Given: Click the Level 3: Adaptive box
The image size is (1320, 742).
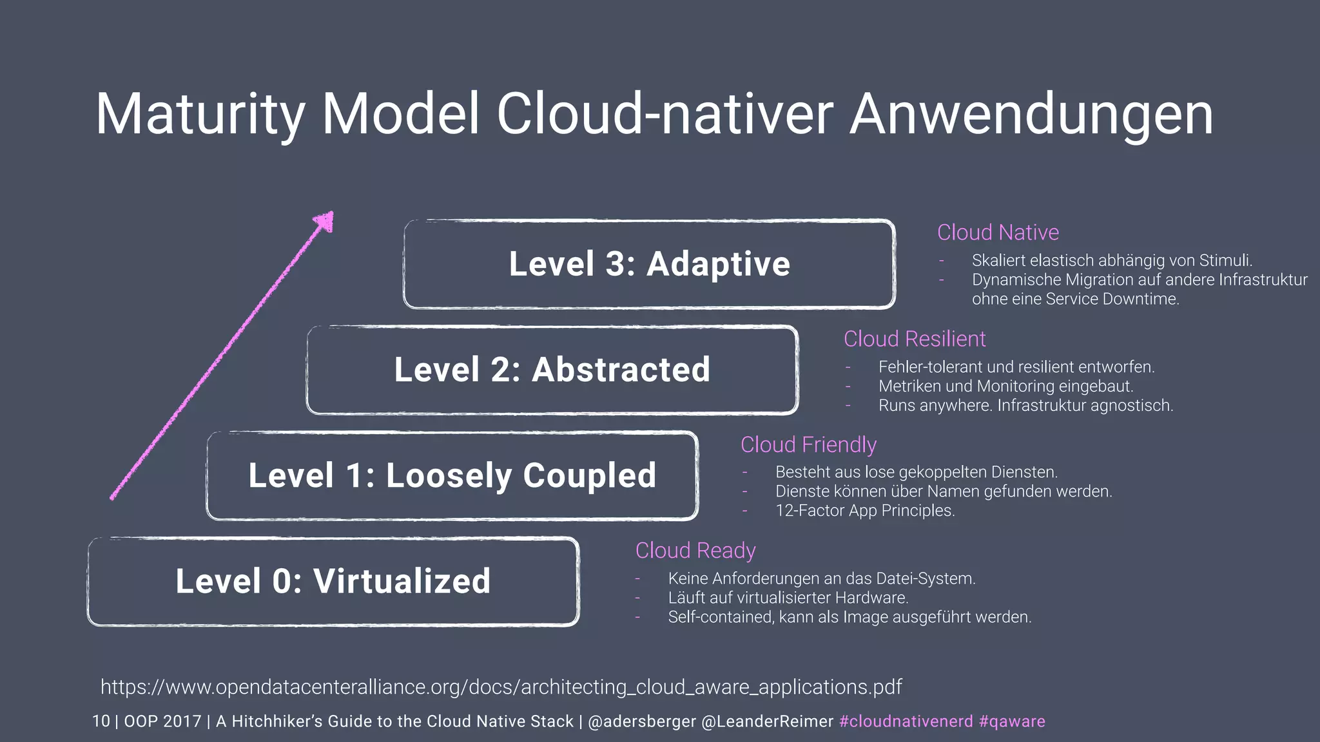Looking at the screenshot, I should pyautogui.click(x=649, y=264).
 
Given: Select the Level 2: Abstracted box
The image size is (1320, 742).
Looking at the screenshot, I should pyautogui.click(x=552, y=370).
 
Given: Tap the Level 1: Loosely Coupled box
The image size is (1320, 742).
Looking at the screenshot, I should pyautogui.click(x=452, y=475).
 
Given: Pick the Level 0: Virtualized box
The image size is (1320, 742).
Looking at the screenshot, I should pyautogui.click(x=333, y=581).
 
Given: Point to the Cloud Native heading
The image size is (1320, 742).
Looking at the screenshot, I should pyautogui.click(x=998, y=233).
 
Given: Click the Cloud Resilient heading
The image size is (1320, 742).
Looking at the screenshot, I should pyautogui.click(x=915, y=339).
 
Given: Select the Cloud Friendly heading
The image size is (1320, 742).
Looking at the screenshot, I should pyautogui.click(x=808, y=444).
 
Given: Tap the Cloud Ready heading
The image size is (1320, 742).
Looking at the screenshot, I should pyautogui.click(x=695, y=551).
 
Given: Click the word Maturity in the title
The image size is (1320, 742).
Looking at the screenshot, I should pyautogui.click(x=200, y=114).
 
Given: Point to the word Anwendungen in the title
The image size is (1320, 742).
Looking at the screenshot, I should pyautogui.click(x=1031, y=114).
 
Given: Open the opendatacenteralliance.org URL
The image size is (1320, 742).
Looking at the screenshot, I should pyautogui.click(x=501, y=687).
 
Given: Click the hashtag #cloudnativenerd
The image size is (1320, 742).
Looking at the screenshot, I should pyautogui.click(x=906, y=721).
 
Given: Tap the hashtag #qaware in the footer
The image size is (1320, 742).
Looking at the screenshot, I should pyautogui.click(x=1012, y=721).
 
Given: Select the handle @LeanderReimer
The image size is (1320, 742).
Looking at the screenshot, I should pyautogui.click(x=767, y=721).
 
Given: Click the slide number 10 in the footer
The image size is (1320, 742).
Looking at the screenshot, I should pyautogui.click(x=101, y=721).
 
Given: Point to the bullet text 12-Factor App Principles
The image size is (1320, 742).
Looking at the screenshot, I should pyautogui.click(x=865, y=511).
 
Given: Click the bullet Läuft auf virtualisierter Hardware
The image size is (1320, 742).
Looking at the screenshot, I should pyautogui.click(x=788, y=598).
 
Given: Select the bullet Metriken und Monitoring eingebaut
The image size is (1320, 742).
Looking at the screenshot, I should pyautogui.click(x=1005, y=386).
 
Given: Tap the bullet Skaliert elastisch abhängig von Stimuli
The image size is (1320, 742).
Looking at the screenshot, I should pyautogui.click(x=1112, y=261).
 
